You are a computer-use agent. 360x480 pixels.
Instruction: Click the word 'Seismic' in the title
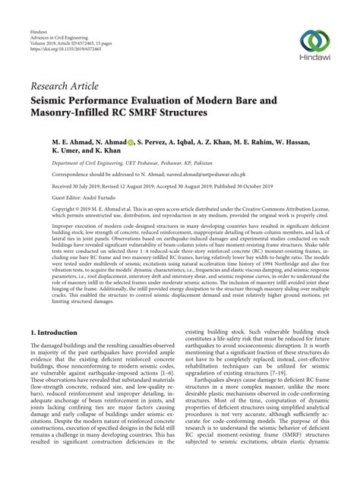click(52, 99)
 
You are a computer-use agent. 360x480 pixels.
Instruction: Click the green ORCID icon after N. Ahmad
click(131, 142)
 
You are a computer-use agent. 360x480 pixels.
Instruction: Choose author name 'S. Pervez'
click(155, 142)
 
